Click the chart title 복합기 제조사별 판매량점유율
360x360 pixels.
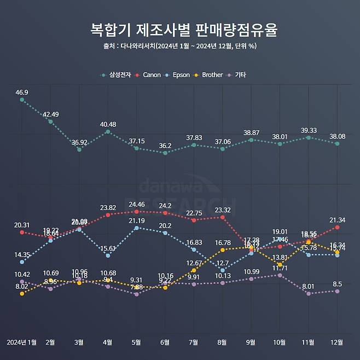(x=180, y=30)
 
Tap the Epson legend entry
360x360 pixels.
(x=180, y=74)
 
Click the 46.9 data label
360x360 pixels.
(x=22, y=92)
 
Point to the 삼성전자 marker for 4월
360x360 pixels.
(x=108, y=132)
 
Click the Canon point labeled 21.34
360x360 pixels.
(x=337, y=227)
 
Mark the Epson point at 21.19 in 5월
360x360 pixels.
(x=136, y=228)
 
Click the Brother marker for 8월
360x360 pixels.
(x=222, y=250)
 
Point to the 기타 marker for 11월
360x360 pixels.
(x=309, y=294)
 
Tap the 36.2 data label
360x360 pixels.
(x=165, y=146)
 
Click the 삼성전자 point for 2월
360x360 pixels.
(x=50, y=121)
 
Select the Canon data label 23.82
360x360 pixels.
(x=108, y=208)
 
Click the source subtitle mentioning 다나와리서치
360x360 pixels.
(x=180, y=46)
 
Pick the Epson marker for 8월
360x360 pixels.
(x=222, y=270)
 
